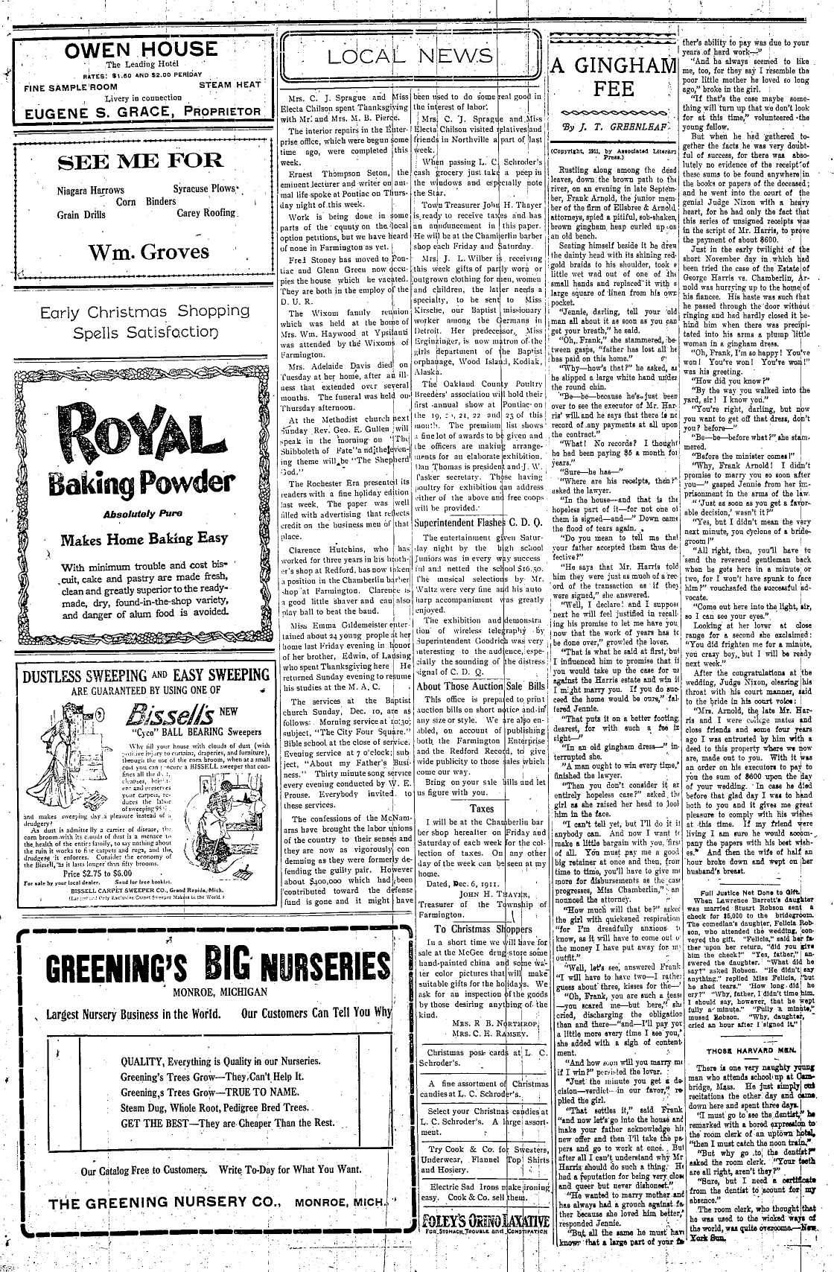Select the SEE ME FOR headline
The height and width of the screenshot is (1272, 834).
pos(140,160)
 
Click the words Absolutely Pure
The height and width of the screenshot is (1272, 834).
pos(135,513)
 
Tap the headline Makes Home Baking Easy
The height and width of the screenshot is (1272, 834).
pos(144,539)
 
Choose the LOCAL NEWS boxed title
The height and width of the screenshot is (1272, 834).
pos(411,57)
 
